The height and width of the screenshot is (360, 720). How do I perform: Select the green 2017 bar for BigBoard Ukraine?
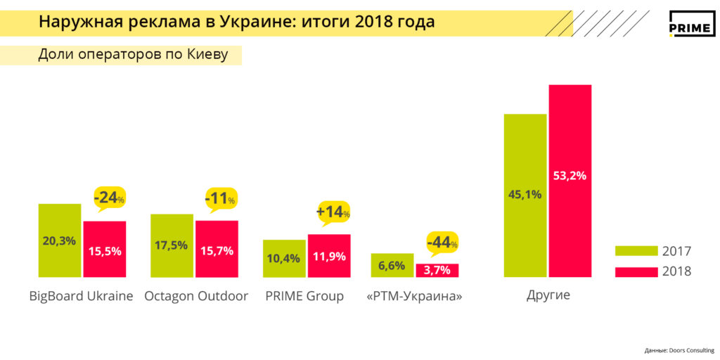tap(60, 241)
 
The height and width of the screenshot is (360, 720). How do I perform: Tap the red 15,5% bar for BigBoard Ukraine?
tap(105, 250)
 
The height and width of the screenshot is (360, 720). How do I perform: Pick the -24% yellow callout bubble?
tap(108, 198)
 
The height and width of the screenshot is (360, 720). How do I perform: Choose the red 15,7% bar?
tap(217, 250)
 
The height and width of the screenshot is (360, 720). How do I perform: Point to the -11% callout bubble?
tap(220, 198)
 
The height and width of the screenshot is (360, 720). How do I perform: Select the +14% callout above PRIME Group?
tap(333, 211)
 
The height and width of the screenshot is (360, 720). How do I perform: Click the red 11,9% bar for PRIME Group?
tap(329, 256)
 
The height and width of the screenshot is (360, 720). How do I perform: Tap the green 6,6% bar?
tap(392, 265)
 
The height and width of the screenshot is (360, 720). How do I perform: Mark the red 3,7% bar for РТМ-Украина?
tap(437, 271)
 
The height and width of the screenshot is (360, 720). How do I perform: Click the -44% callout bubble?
tap(442, 243)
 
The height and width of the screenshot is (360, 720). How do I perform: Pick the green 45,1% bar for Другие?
tap(525, 195)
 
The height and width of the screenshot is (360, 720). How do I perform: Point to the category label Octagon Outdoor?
tap(196, 296)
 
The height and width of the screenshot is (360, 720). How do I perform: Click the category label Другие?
tap(548, 295)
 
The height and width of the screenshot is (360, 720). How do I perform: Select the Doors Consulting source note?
tap(679, 350)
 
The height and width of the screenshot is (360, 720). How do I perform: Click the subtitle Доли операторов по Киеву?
tap(133, 55)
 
